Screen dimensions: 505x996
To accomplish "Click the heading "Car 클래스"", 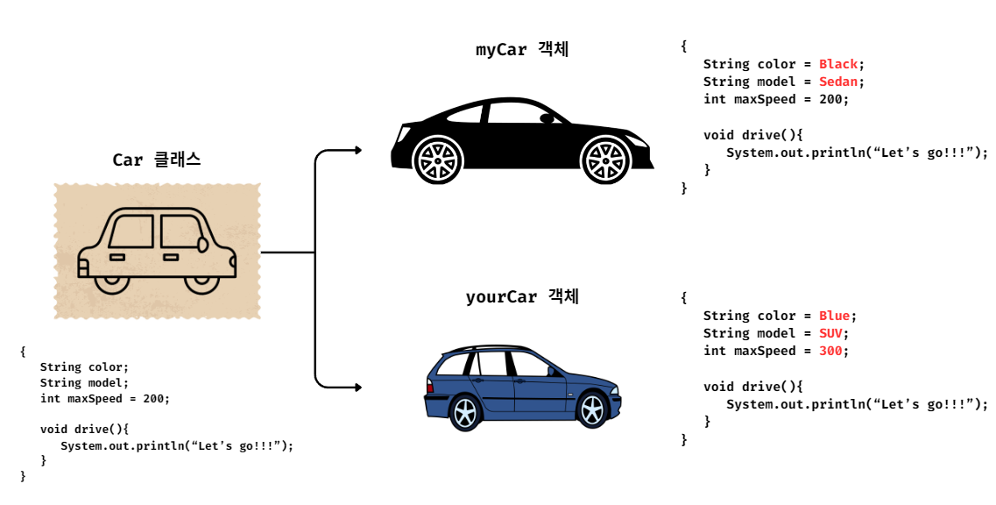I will pos(156,160).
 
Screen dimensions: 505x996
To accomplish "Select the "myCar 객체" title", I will pos(522,50).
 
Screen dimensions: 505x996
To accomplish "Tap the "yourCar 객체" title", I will pos(522,297).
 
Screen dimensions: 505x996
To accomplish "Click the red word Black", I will pos(838,64).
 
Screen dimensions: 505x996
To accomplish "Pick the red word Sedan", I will pos(838,82).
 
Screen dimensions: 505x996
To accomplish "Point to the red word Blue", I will pos(835,316).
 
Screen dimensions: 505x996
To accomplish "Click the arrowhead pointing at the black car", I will pos(357,150).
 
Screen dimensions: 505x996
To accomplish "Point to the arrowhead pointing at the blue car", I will pos(357,387).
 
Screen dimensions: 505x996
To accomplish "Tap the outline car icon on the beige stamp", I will pos(157,251).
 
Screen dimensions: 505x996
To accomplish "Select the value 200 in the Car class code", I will pos(154,398).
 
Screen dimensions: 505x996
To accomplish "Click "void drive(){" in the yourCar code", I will pos(752,387).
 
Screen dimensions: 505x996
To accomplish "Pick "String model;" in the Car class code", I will pos(84,382).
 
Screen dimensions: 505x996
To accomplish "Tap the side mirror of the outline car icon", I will pos(202,245).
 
